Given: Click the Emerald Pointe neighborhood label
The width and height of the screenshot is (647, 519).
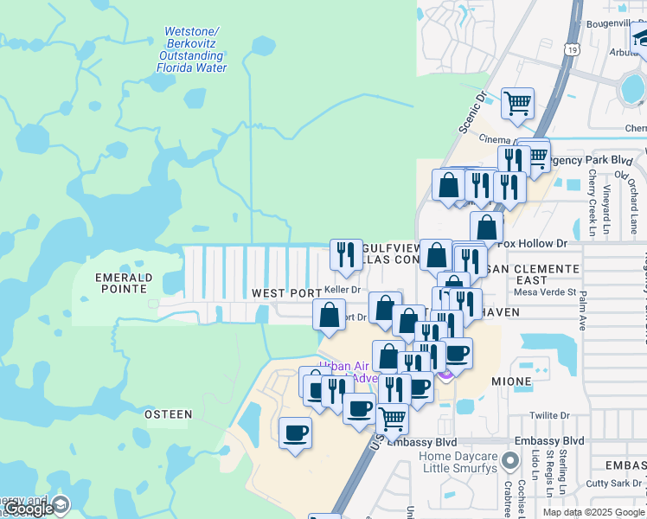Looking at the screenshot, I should pyautogui.click(x=125, y=283).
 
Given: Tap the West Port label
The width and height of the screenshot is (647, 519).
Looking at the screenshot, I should pyautogui.click(x=286, y=293).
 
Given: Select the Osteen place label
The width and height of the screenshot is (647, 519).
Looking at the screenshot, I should pyautogui.click(x=168, y=414).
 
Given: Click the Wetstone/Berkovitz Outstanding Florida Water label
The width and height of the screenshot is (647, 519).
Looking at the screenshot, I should pyautogui.click(x=196, y=50).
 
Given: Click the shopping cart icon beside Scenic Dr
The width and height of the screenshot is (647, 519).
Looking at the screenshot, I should pyautogui.click(x=517, y=104).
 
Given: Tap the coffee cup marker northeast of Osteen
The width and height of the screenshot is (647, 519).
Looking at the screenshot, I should pyautogui.click(x=296, y=432).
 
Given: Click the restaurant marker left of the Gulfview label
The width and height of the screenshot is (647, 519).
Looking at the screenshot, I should pyautogui.click(x=346, y=254).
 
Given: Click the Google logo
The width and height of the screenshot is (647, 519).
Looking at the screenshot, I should pyautogui.click(x=29, y=509).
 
